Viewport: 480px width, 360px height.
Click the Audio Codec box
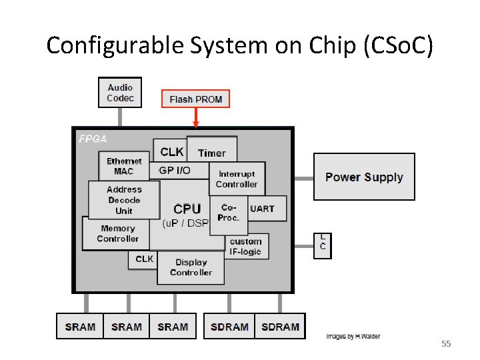(x=120, y=93)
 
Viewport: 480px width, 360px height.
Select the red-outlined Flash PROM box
(x=195, y=99)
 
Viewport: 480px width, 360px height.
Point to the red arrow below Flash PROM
(x=195, y=118)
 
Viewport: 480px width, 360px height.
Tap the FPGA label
(x=93, y=139)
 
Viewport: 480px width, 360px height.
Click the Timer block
(x=212, y=153)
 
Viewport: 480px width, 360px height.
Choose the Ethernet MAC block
(x=123, y=166)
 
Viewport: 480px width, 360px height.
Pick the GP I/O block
(x=175, y=171)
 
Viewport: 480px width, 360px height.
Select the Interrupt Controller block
(x=237, y=179)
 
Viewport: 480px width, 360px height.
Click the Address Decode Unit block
(x=124, y=200)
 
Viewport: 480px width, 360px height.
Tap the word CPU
(x=187, y=209)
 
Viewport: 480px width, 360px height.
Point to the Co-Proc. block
(x=229, y=212)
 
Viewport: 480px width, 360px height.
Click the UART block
(x=262, y=209)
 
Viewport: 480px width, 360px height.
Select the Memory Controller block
(x=117, y=234)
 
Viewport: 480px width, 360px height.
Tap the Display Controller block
(x=191, y=267)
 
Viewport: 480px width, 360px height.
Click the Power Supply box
(x=364, y=177)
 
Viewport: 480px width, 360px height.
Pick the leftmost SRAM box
(x=80, y=327)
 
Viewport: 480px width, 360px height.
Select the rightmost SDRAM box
(x=280, y=327)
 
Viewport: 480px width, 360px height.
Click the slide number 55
(x=446, y=344)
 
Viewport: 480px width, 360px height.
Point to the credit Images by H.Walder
(x=353, y=337)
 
